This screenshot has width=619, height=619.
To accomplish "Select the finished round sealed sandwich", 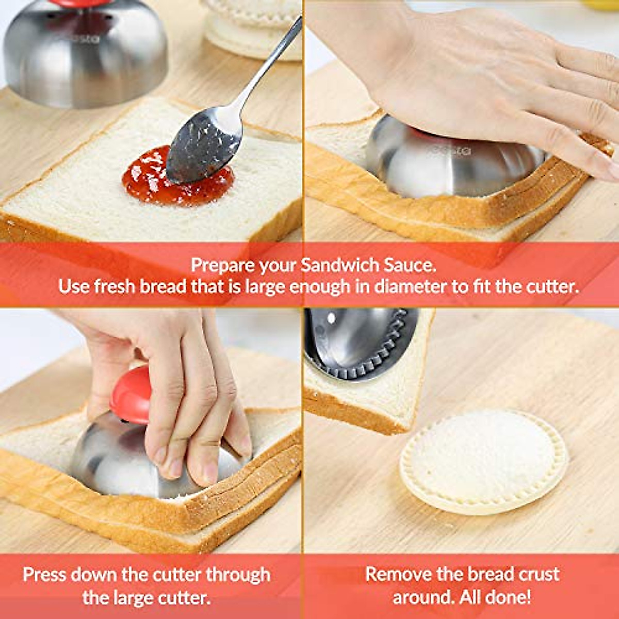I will click(483, 461).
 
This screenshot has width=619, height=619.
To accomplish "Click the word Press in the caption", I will click(44, 575).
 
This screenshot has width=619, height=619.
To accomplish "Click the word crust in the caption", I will click(536, 574).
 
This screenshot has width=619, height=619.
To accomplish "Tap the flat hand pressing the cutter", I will click(490, 88).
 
